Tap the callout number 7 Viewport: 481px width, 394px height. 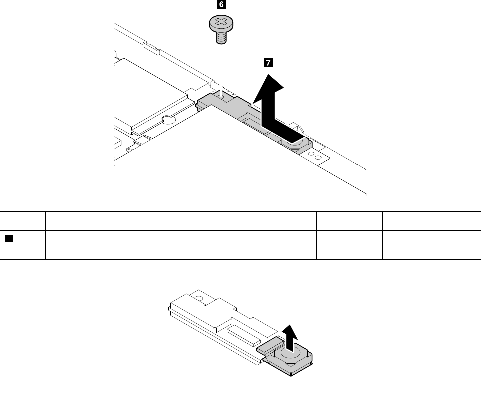(268, 63)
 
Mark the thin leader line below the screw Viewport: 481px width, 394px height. (220, 65)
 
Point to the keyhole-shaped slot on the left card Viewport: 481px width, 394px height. (167, 119)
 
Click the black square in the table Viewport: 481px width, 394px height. (9, 239)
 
